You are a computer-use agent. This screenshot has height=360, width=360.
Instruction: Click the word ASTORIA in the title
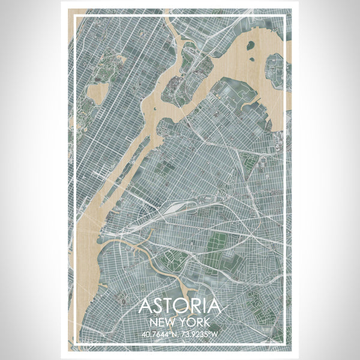[180, 307]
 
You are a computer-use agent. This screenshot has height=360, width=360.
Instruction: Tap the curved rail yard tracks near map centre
[180, 207]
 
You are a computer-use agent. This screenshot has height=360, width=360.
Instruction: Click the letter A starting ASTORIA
[145, 307]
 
